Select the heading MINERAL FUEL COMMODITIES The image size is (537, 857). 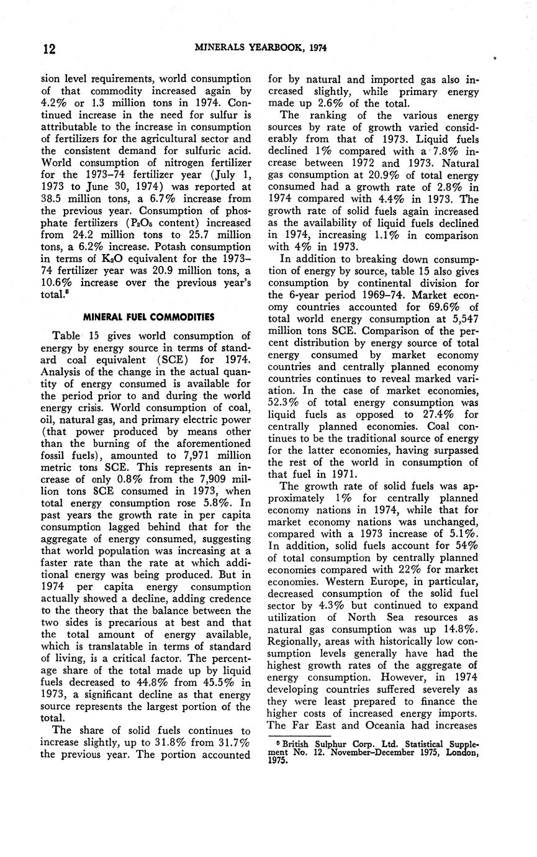pyautogui.click(x=148, y=317)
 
